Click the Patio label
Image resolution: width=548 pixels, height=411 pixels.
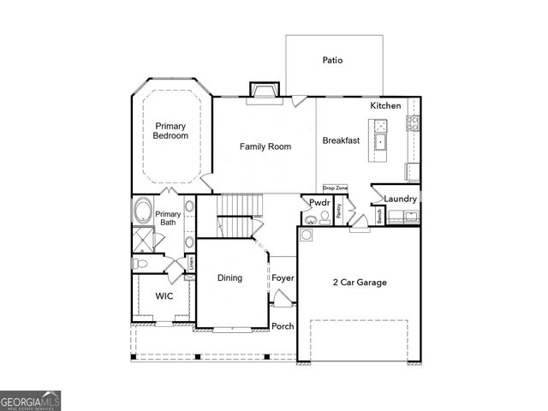coord(333,61)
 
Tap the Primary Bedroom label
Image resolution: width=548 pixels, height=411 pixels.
coord(170,130)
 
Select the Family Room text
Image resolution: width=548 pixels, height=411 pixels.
coord(265,146)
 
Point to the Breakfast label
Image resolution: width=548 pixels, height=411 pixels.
coord(340,140)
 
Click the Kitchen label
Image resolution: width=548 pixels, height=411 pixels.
coord(385,105)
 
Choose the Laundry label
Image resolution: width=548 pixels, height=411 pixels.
coord(400,200)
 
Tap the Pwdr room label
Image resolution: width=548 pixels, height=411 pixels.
coord(320,204)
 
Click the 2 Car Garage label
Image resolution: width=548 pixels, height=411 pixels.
coord(359,282)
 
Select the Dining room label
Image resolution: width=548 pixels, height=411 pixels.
coord(229,277)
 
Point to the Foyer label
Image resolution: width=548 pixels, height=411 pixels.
coord(283,278)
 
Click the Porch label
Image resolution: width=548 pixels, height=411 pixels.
coord(283,326)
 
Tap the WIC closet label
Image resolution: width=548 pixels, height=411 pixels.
coord(164,296)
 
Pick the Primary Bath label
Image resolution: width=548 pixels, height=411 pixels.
coord(168,218)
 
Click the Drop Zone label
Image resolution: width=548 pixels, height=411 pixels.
coord(335,188)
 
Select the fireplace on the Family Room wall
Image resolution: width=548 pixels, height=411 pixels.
coord(264,90)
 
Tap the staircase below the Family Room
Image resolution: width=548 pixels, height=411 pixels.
coord(241,205)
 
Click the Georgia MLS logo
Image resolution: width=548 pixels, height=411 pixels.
coord(31,400)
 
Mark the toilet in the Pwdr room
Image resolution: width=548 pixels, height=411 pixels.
coord(325,218)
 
